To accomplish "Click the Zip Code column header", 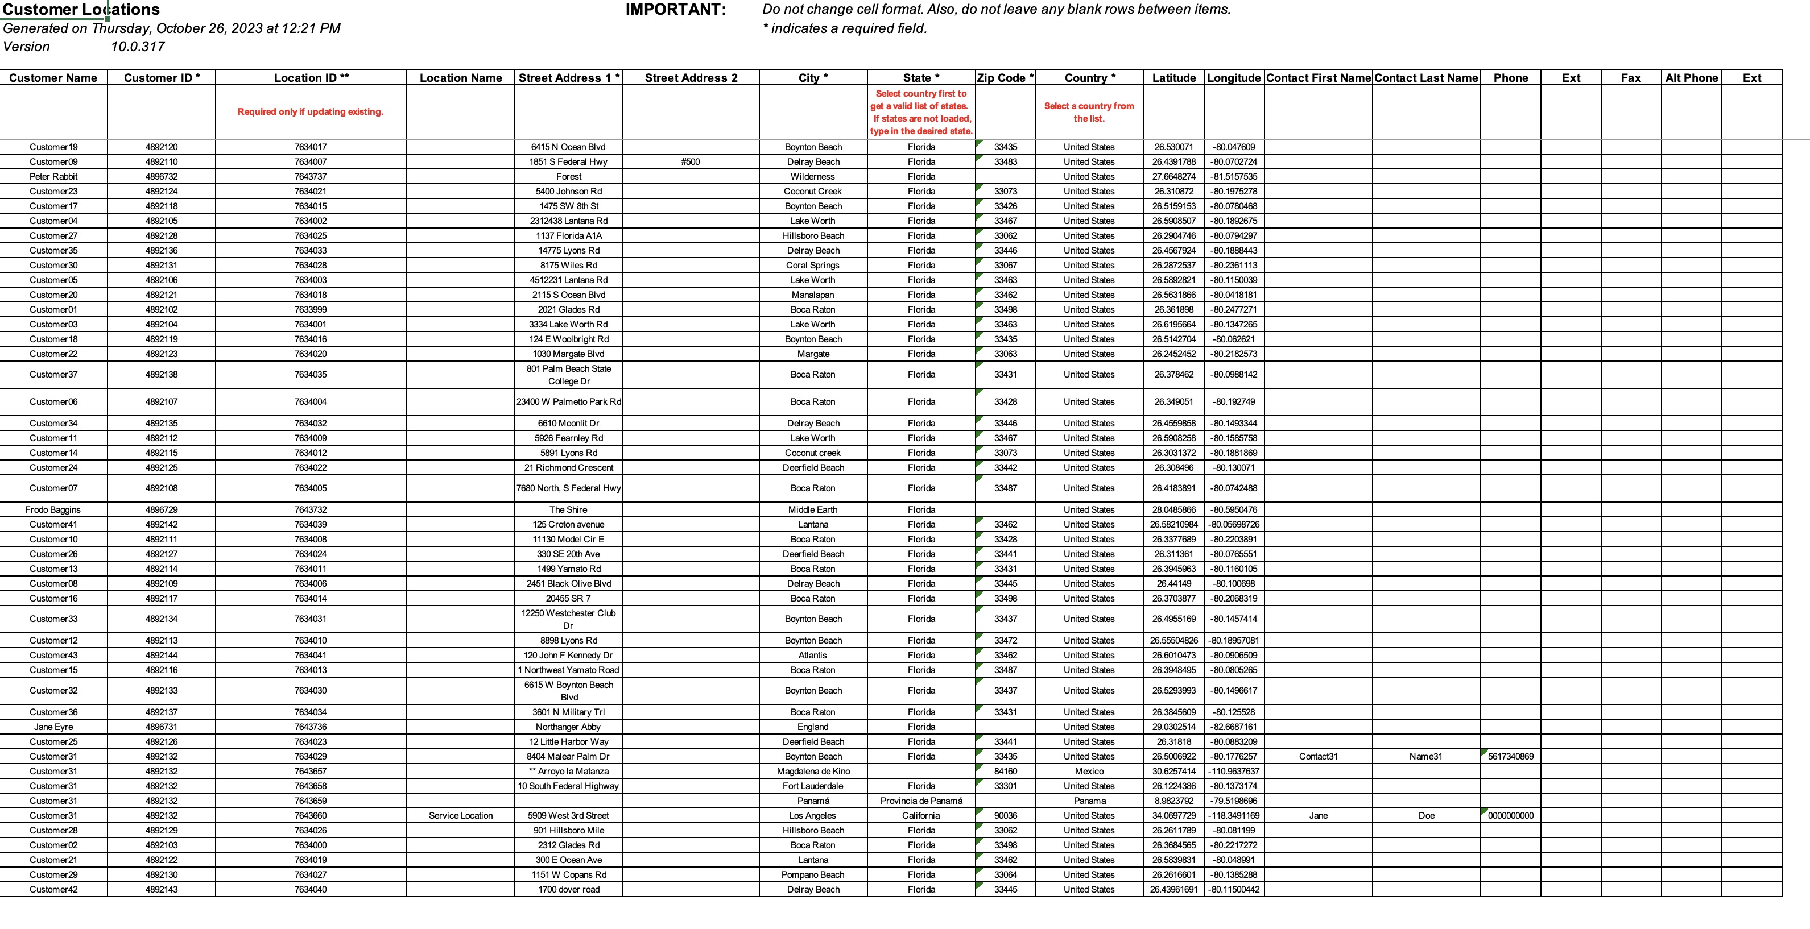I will click(1005, 78).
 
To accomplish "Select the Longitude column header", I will click(1233, 78).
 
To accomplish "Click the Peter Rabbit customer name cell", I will click(53, 176).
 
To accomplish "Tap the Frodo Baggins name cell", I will click(53, 510).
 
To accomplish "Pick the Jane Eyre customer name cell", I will click(53, 727).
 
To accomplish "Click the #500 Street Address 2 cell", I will click(690, 161).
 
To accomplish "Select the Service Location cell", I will click(460, 815).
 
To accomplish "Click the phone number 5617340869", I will click(1511, 756).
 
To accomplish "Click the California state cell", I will click(920, 815).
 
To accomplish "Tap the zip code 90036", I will click(1005, 815).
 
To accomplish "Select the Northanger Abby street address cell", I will click(568, 727).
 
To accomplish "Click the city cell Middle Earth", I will click(812, 510).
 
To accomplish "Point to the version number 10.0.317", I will click(138, 47).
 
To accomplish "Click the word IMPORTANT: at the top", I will click(675, 9).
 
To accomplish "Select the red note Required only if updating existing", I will click(310, 111).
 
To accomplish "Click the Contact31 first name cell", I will click(1317, 756).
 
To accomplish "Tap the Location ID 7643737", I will click(310, 176).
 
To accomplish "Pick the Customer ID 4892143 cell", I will click(161, 889).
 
